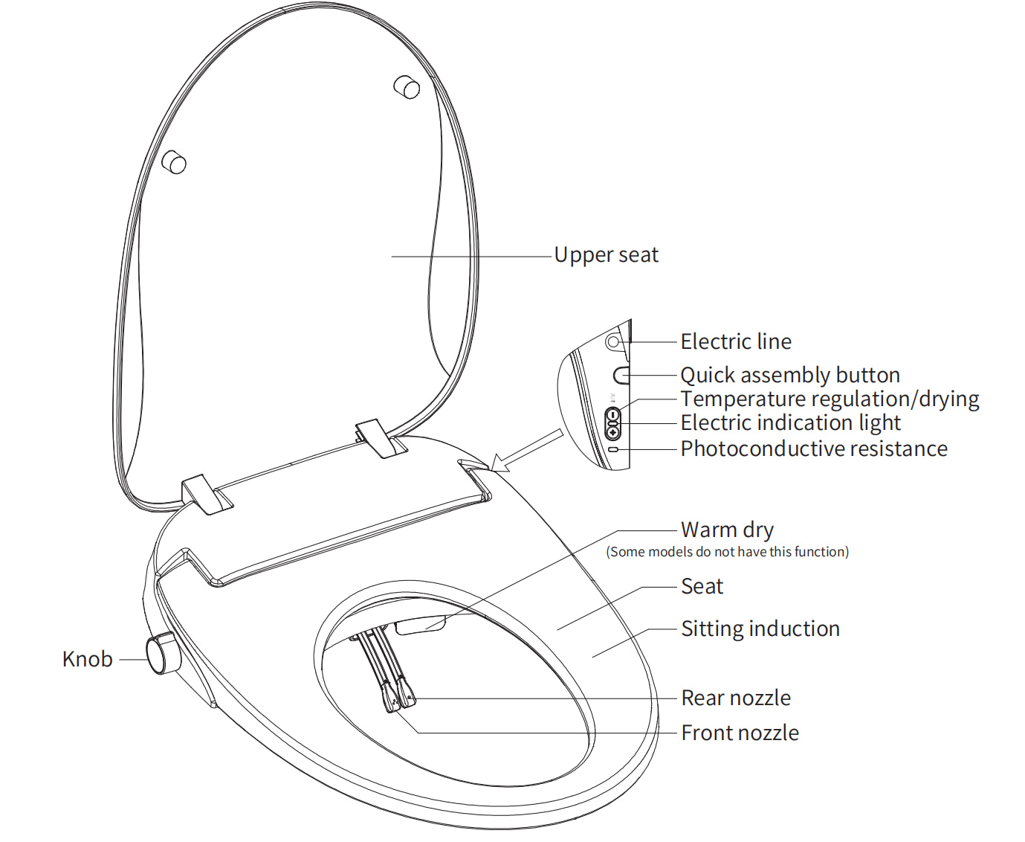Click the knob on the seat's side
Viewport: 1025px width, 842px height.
163,652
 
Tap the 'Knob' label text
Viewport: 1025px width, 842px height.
88,659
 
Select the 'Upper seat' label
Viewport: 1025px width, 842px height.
606,255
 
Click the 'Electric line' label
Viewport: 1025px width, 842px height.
736,341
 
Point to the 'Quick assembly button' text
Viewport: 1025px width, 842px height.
790,375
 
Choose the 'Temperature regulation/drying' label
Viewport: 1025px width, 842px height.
830,399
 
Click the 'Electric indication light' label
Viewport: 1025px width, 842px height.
790,422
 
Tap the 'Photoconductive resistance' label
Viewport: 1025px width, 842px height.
814,449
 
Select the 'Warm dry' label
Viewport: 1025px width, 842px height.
727,530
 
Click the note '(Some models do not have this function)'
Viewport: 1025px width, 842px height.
727,552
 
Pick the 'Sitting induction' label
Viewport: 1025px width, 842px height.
760,629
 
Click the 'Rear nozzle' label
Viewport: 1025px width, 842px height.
736,698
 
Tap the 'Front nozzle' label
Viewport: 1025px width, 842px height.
740,733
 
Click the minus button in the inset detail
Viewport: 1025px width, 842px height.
612,415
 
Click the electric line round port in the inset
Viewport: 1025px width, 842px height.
613,342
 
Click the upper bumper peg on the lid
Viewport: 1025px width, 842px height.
407,86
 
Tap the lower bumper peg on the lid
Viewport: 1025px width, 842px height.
175,161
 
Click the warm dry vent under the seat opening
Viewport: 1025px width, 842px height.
420,624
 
